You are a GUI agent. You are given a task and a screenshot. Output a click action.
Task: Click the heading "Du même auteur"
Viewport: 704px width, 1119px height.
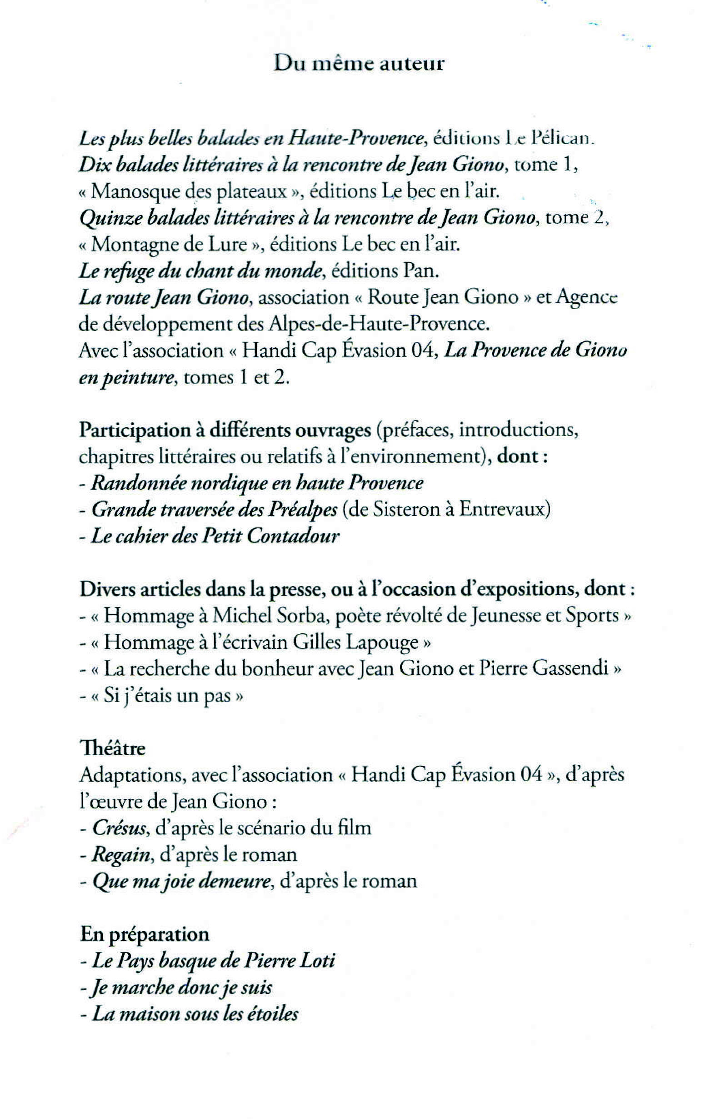point(359,63)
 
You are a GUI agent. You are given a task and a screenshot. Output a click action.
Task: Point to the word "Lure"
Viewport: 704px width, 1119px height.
point(227,245)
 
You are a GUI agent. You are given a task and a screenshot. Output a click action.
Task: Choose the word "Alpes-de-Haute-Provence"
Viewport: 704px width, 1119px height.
point(379,324)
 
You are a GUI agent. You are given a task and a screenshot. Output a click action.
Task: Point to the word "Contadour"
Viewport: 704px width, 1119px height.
point(293,536)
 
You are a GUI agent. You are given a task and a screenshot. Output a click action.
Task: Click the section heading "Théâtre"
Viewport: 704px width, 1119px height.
point(113,748)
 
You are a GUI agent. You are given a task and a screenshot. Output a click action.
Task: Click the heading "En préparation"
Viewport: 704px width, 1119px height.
point(145,934)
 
